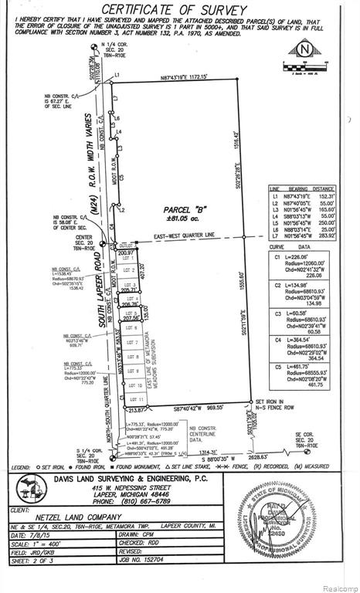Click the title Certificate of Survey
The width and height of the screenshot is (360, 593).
click(x=180, y=8)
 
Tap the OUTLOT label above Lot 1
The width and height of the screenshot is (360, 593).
click(x=129, y=246)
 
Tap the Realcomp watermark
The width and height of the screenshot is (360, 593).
click(x=335, y=587)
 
